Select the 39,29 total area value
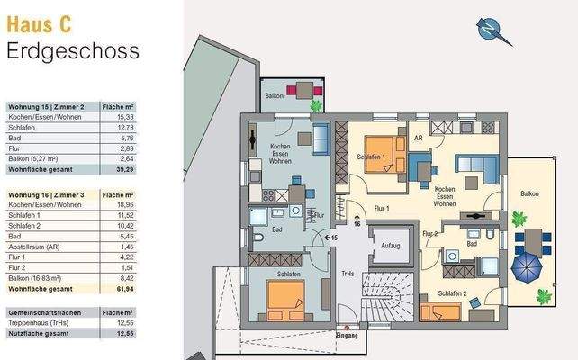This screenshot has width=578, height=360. [x=123, y=168]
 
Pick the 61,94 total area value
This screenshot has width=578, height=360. [x=123, y=288]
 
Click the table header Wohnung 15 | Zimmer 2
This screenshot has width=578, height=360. [x=45, y=106]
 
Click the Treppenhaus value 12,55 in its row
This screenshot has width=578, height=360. [x=123, y=322]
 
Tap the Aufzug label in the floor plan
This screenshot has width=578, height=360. [x=390, y=245]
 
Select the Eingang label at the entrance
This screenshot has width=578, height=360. [x=347, y=336]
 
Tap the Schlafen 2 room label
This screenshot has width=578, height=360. [x=453, y=293]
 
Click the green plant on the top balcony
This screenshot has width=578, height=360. [x=315, y=105]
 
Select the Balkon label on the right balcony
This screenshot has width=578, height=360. [x=530, y=193]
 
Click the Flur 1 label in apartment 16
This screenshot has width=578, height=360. [x=380, y=208]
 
